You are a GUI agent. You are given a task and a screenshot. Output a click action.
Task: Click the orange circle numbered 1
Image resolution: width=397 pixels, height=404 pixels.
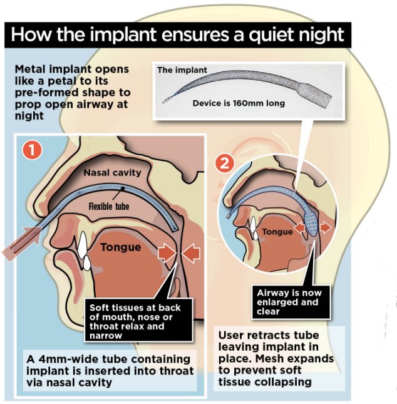(32, 150)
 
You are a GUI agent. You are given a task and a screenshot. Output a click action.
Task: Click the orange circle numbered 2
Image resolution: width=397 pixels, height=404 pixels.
(225, 163)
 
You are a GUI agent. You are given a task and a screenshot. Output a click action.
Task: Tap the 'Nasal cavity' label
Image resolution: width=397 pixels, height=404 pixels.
(113, 172)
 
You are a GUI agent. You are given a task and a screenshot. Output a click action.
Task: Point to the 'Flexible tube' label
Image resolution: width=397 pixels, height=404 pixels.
(109, 206)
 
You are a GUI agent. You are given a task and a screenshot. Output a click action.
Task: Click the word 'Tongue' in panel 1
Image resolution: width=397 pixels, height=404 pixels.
(121, 247)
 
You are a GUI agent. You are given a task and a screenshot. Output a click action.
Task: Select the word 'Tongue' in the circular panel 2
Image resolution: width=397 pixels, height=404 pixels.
(277, 232)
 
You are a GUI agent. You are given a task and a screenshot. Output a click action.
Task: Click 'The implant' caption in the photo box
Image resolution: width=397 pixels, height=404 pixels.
(182, 70)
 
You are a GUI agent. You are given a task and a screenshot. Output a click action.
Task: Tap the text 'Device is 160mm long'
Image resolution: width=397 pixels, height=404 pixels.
(239, 103)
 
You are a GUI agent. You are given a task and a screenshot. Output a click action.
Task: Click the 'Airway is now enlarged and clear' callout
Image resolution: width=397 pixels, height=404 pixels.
(291, 302)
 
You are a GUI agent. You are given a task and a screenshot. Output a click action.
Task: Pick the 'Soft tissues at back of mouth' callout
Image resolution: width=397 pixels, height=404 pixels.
(138, 321)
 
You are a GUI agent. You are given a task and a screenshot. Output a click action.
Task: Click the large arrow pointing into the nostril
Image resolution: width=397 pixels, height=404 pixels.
(21, 244)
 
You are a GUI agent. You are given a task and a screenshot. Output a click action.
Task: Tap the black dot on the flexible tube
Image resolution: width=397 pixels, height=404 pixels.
(123, 189)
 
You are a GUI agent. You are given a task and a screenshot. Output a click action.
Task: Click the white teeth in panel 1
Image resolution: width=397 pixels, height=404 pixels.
(85, 251)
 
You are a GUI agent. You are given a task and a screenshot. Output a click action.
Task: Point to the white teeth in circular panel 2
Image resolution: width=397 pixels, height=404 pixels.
(254, 227)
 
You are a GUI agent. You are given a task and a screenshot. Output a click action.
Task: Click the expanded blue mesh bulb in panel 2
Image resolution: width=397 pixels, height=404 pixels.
(311, 221)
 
